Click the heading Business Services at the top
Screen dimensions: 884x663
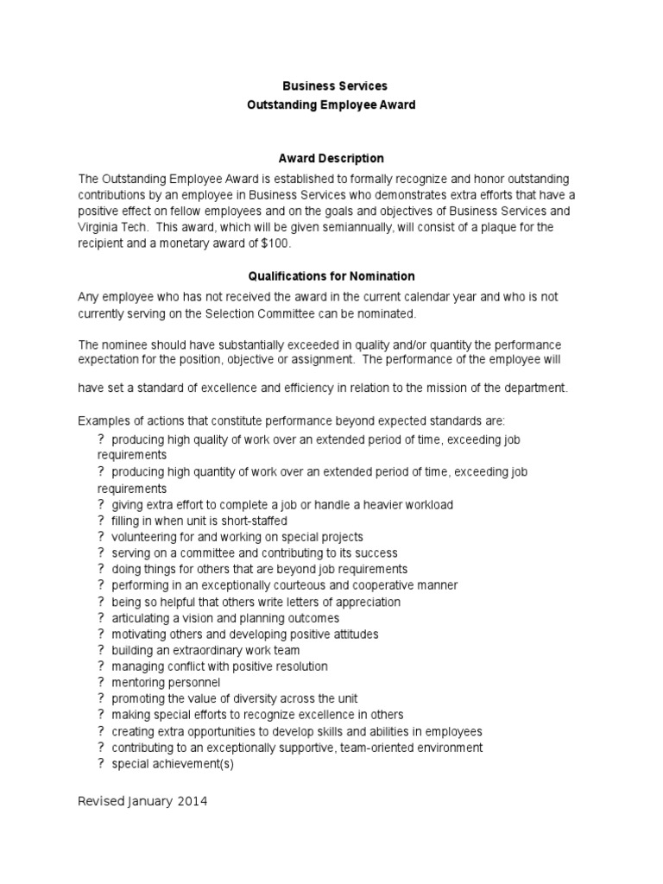[x=336, y=86]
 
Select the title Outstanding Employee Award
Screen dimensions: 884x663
[x=331, y=104]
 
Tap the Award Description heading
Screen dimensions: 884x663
[x=331, y=159]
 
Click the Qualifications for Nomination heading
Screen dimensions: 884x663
[x=331, y=276]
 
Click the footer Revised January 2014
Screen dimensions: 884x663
[x=142, y=801]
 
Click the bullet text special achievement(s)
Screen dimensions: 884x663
[x=173, y=764]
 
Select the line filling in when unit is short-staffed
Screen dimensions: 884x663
[x=199, y=521]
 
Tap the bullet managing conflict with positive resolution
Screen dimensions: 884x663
[x=219, y=666]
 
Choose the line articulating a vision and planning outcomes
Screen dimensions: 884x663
[x=225, y=618]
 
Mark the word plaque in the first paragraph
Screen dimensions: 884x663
[x=452, y=227]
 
